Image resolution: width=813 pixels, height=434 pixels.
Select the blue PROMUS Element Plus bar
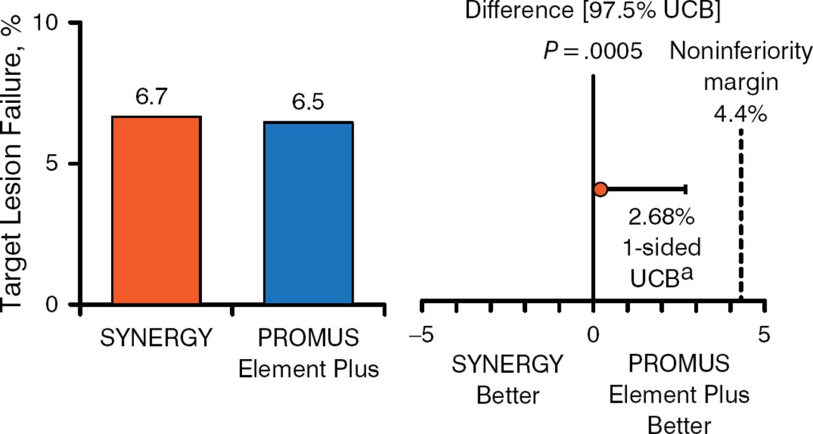pyautogui.click(x=308, y=214)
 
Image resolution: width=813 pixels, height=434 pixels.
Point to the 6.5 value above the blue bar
pyautogui.click(x=308, y=102)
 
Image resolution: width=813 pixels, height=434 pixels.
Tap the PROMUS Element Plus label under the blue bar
pyautogui.click(x=309, y=353)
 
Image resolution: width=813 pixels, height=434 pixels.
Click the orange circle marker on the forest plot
pyautogui.click(x=601, y=189)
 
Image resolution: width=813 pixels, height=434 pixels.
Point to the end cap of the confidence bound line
pyautogui.click(x=685, y=189)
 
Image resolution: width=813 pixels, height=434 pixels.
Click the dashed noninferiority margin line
pyautogui.click(x=741, y=210)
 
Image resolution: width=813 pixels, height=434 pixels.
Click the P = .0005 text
pyautogui.click(x=593, y=51)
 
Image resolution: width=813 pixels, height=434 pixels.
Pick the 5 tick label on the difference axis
pyautogui.click(x=763, y=335)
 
